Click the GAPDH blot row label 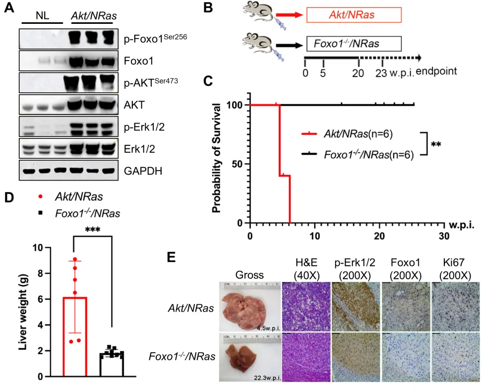tap(143, 171)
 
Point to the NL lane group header tap(43, 15)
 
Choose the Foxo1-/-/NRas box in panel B tap(353, 44)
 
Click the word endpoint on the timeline tap(436, 72)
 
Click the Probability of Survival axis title tap(217, 157)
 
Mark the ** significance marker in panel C tap(436, 144)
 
